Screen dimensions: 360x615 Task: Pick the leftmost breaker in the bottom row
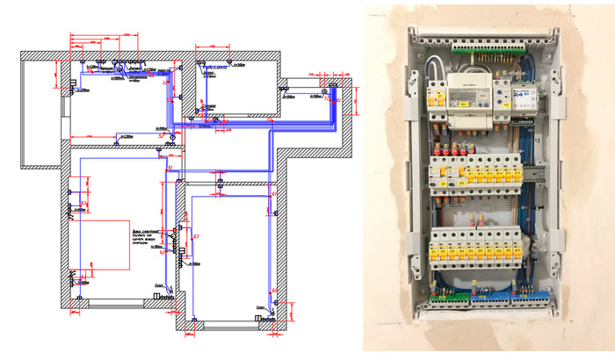[x=436, y=249]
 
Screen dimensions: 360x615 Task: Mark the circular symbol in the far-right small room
[x=325, y=90]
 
